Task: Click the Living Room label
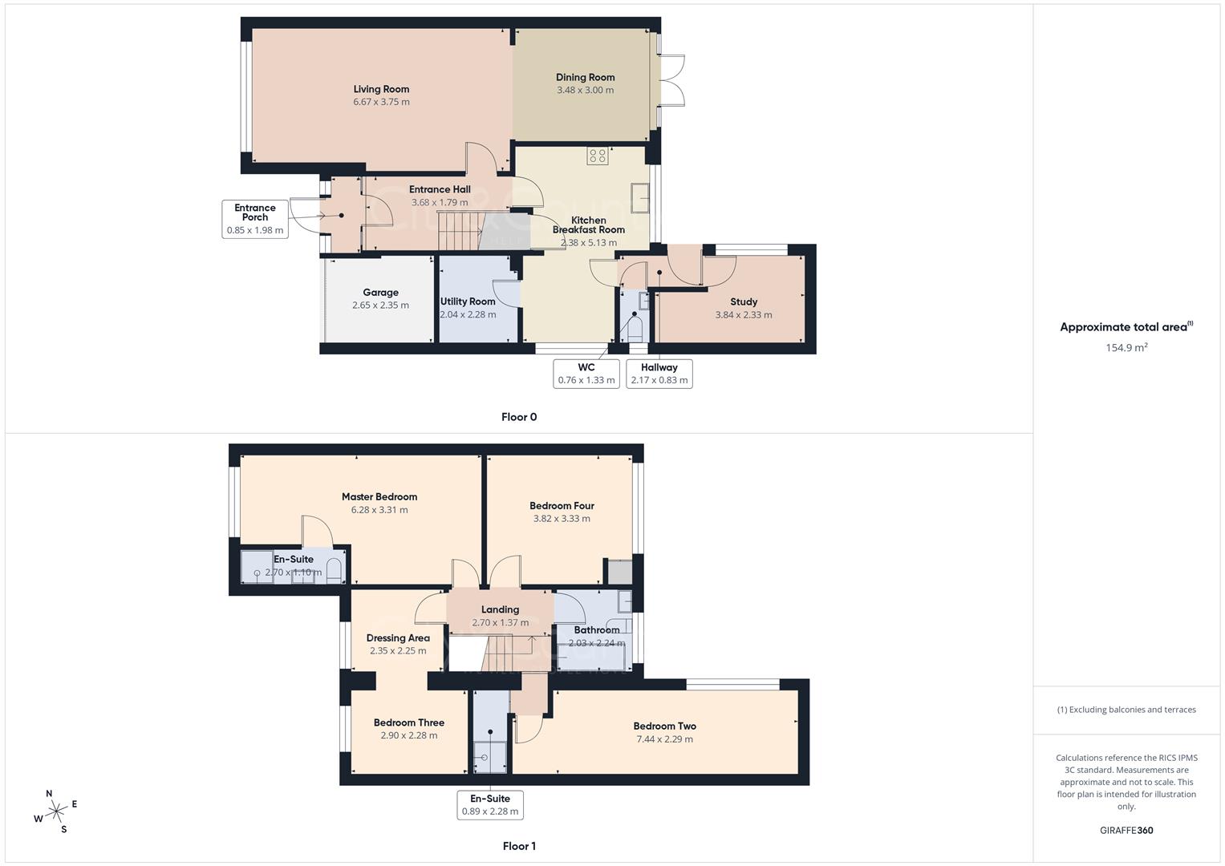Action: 381,89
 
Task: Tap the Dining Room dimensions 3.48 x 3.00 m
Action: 585,91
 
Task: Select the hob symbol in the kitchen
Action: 598,156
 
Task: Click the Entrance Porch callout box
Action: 255,219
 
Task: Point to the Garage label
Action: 380,293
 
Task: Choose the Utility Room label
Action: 468,301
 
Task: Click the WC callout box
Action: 586,374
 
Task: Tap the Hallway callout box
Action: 659,374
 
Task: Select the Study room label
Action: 744,301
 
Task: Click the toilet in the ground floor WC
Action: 635,329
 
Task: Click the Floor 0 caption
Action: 519,417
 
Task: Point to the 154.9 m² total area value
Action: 1126,348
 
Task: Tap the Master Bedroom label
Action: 379,496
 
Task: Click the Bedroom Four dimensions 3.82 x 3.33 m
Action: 562,519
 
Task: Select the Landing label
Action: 500,609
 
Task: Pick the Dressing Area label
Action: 398,638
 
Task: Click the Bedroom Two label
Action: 665,726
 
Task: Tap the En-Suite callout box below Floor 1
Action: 490,804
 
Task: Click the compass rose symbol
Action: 56,811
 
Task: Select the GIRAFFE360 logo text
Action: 1126,831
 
